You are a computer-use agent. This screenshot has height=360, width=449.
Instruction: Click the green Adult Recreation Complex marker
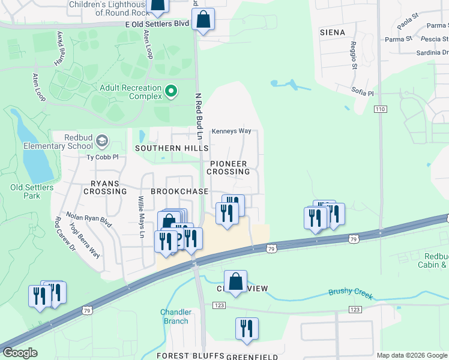171,91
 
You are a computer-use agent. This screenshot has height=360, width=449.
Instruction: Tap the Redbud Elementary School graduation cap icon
102,141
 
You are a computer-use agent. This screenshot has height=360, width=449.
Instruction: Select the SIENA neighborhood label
332,32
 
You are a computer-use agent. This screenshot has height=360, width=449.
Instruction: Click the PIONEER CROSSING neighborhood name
228,167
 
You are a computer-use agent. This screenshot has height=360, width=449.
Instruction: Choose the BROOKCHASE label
179,191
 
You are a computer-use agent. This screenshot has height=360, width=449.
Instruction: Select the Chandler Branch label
176,316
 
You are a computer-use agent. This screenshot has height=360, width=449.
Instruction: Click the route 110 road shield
379,110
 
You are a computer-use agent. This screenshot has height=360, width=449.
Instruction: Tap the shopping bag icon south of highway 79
236,281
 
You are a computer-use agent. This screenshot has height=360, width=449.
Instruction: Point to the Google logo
20,353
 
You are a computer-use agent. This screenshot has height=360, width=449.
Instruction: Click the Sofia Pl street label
363,93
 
